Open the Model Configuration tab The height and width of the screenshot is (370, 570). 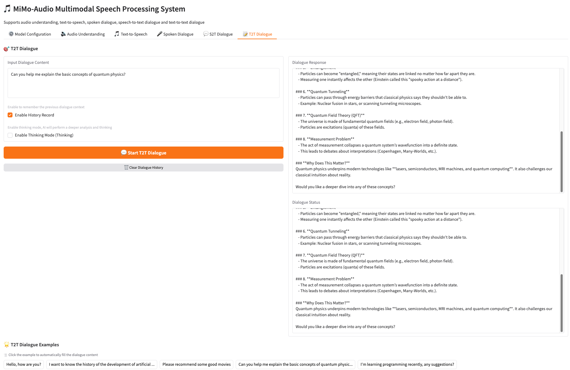(30, 34)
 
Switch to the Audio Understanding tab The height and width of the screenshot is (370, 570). (83, 34)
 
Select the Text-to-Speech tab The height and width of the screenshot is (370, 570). (131, 34)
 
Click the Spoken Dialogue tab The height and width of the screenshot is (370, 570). (175, 34)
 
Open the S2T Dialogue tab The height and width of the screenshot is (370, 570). (218, 34)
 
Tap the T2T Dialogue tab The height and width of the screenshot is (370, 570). (257, 34)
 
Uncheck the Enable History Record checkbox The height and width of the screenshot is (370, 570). (10, 115)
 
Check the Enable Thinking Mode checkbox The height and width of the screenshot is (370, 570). (10, 135)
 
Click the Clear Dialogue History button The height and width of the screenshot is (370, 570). (144, 168)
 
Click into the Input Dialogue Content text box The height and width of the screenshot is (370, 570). (143, 83)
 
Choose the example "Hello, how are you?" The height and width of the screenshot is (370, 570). (24, 365)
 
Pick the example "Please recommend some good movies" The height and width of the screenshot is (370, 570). (196, 365)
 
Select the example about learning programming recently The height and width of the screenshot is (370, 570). (407, 365)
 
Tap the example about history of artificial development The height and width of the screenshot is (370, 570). (102, 365)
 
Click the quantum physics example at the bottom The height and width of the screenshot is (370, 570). (295, 365)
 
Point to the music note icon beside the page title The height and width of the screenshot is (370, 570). (7, 9)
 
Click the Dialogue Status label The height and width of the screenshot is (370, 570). (306, 202)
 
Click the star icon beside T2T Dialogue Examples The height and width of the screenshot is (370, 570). (7, 345)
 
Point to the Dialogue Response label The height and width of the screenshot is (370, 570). (309, 63)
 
